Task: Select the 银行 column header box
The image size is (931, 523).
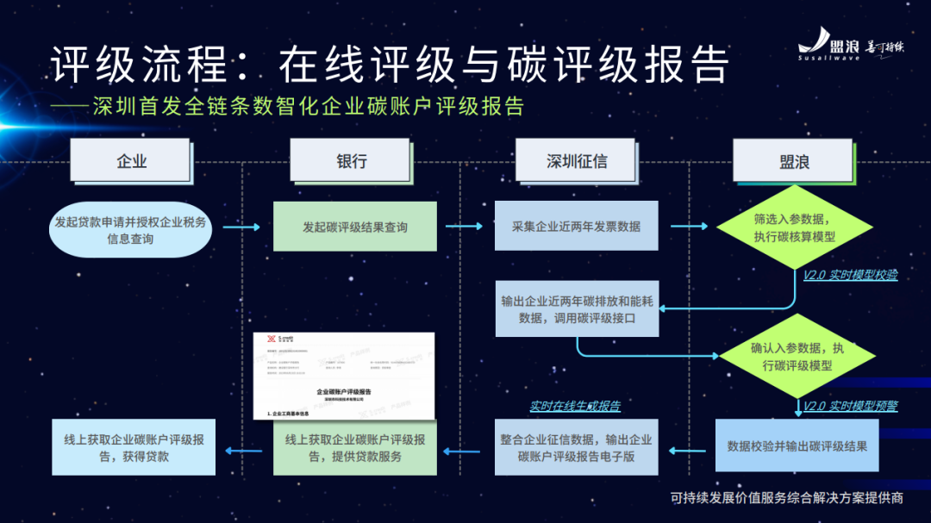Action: pyautogui.click(x=351, y=160)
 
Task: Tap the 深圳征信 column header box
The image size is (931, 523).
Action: pyautogui.click(x=577, y=160)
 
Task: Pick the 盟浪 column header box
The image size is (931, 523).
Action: pyautogui.click(x=793, y=160)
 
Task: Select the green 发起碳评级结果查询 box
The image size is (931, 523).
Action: pyautogui.click(x=354, y=227)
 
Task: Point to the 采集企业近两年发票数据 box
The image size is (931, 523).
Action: pyautogui.click(x=576, y=227)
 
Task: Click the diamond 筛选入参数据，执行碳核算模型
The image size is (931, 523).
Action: pyautogui.click(x=794, y=228)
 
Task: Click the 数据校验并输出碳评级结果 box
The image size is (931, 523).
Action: pyautogui.click(x=797, y=446)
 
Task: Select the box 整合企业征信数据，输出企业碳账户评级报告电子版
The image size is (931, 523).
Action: pyautogui.click(x=576, y=447)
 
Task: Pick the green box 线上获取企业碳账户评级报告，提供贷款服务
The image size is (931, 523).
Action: pyautogui.click(x=354, y=447)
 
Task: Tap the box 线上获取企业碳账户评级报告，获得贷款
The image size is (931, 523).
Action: pyautogui.click(x=134, y=447)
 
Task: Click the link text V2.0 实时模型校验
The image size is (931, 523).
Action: pyautogui.click(x=850, y=276)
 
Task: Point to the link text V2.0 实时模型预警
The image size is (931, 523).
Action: pyautogui.click(x=850, y=406)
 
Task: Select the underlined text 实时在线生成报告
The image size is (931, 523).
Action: pyautogui.click(x=574, y=406)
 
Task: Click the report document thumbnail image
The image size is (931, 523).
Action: pyautogui.click(x=344, y=376)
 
